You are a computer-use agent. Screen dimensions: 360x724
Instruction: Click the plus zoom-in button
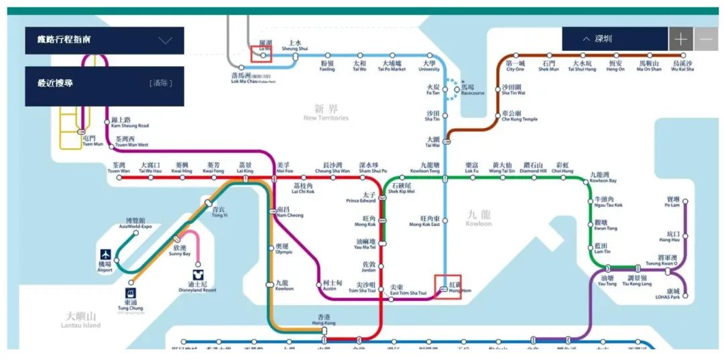click(680, 39)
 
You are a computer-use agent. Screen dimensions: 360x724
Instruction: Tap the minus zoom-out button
click(706, 39)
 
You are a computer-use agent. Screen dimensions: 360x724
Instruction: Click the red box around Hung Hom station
click(447, 287)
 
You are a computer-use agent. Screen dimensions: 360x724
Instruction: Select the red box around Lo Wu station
click(261, 54)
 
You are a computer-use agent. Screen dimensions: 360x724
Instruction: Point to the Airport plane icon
click(105, 255)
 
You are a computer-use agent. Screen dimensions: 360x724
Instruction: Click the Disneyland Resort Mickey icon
click(198, 275)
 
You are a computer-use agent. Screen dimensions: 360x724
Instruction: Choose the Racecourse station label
click(472, 90)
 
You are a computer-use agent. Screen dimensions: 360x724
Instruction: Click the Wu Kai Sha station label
click(682, 66)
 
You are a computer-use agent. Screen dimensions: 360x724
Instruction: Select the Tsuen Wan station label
click(119, 168)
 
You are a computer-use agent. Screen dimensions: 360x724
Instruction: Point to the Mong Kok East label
click(424, 221)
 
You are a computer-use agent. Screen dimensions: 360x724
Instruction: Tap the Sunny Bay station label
click(180, 251)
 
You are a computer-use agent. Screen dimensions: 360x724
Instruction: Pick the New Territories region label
click(326, 112)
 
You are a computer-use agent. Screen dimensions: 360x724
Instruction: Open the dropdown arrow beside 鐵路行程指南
click(166, 40)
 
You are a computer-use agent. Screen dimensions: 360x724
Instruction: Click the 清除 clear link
click(162, 83)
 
